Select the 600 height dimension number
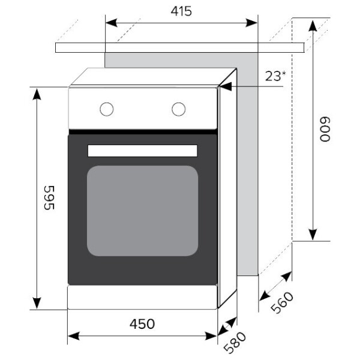point(325,129)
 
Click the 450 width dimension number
point(142,324)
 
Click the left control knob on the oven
point(107,109)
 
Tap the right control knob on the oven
point(178,109)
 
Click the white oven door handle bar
point(143,151)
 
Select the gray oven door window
point(143,211)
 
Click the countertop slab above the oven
point(180,47)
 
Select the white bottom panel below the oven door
point(142,297)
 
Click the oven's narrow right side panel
point(227,192)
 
